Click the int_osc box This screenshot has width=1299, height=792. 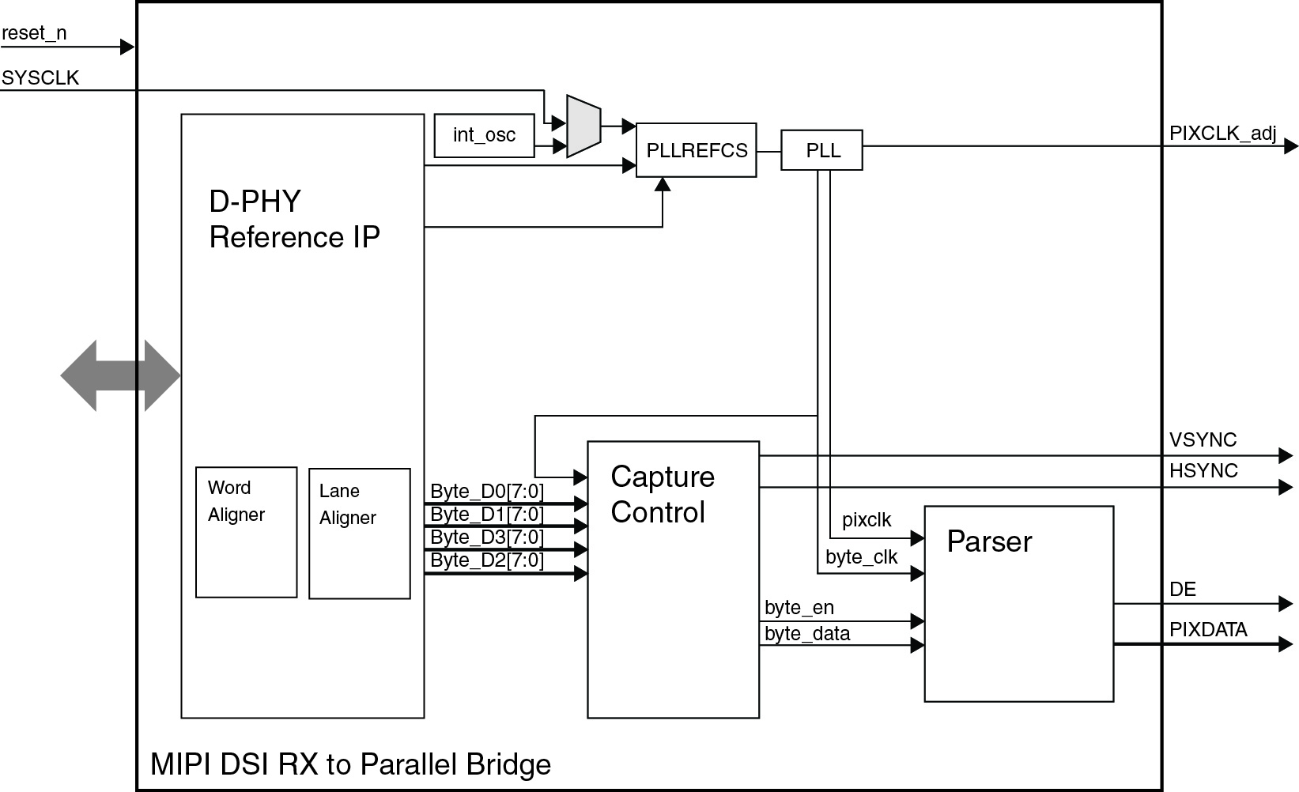click(x=484, y=135)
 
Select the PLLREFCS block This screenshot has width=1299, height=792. click(x=696, y=150)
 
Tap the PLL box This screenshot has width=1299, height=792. click(x=821, y=150)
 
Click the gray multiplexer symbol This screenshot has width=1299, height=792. click(x=583, y=126)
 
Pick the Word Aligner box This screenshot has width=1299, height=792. click(x=246, y=532)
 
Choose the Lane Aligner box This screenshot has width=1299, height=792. click(x=359, y=534)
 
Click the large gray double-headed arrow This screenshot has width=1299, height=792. click(x=120, y=375)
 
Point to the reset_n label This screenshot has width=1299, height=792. click(x=34, y=33)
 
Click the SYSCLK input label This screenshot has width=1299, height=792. click(x=40, y=77)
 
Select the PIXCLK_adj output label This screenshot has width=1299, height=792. click(x=1222, y=133)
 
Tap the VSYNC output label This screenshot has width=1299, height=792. click(x=1203, y=439)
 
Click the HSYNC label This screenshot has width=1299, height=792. click(x=1203, y=470)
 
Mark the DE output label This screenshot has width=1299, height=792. click(x=1182, y=589)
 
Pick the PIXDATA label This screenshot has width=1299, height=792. click(x=1207, y=629)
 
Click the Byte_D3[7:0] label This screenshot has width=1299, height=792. click(x=486, y=537)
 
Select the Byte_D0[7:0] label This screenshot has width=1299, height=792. click(x=486, y=492)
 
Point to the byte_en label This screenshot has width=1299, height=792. click(x=799, y=607)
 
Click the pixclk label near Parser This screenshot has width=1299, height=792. click(x=866, y=520)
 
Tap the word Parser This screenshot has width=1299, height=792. click(x=989, y=541)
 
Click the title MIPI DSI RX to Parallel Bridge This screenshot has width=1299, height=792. click(x=350, y=764)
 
